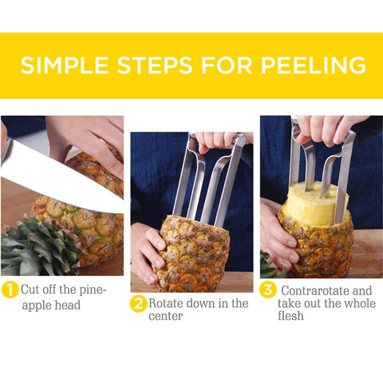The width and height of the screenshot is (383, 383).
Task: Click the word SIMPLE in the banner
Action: [x=65, y=65]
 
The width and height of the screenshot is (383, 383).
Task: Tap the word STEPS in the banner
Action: [x=155, y=65]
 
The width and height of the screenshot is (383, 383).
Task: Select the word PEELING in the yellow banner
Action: [x=314, y=65]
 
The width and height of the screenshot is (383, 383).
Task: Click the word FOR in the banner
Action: [x=227, y=65]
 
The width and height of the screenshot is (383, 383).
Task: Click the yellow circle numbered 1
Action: [x=10, y=290]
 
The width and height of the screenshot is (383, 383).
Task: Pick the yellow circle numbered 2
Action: [x=138, y=303]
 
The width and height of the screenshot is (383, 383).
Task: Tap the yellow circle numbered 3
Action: [x=268, y=290]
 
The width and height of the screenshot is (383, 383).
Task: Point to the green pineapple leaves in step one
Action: [x=38, y=247]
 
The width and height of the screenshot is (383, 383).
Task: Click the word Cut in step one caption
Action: [x=30, y=290]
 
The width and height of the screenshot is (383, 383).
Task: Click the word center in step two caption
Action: [x=166, y=316]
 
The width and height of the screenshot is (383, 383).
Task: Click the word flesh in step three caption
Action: [x=290, y=316]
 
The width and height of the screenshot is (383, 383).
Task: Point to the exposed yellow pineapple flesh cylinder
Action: [x=315, y=203]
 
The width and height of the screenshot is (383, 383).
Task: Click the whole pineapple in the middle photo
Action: [x=193, y=254]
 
